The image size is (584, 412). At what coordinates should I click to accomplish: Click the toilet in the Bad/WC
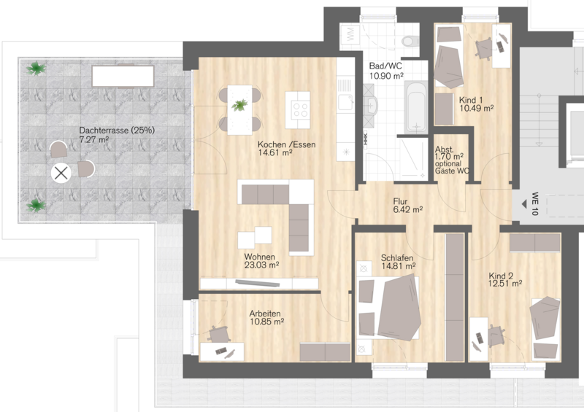(x=410, y=41)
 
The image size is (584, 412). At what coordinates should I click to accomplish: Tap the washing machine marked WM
(x=350, y=35)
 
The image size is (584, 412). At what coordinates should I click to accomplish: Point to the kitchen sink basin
(x=345, y=102)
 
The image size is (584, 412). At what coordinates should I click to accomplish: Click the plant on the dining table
(x=239, y=105)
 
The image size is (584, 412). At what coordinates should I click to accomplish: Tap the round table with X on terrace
(x=61, y=173)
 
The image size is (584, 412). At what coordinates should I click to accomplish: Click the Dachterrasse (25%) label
(x=117, y=131)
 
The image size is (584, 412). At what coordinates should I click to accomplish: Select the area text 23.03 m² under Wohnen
(x=261, y=265)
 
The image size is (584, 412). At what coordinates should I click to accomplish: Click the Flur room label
(x=400, y=201)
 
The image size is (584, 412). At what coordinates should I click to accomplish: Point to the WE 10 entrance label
(x=535, y=203)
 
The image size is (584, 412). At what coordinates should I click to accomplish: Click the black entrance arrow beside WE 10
(x=524, y=204)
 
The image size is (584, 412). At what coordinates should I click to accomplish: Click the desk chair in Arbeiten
(x=218, y=334)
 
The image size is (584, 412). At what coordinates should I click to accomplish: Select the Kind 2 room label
(x=501, y=276)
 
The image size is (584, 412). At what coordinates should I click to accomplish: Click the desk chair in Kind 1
(x=484, y=48)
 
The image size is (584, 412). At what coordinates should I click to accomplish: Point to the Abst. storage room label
(x=444, y=149)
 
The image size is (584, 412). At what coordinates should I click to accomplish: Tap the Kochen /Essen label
(x=286, y=144)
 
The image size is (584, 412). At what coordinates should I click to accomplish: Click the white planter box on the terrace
(x=123, y=76)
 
